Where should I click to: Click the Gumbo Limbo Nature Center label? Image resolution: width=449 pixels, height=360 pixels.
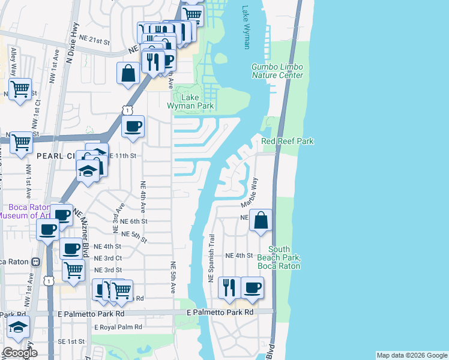tap(277, 71)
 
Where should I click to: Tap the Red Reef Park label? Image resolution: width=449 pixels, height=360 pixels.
tap(288, 141)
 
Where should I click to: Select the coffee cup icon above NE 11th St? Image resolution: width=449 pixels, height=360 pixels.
tap(133, 127)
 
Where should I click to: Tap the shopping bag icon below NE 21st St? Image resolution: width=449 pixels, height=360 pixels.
tap(128, 74)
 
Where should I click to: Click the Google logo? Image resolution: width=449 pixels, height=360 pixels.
tap(19, 353)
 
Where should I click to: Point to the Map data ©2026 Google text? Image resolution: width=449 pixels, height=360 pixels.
tap(412, 355)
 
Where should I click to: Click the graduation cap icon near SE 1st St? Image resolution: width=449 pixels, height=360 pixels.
tap(18, 328)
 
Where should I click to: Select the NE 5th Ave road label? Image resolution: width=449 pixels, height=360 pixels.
tap(173, 278)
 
